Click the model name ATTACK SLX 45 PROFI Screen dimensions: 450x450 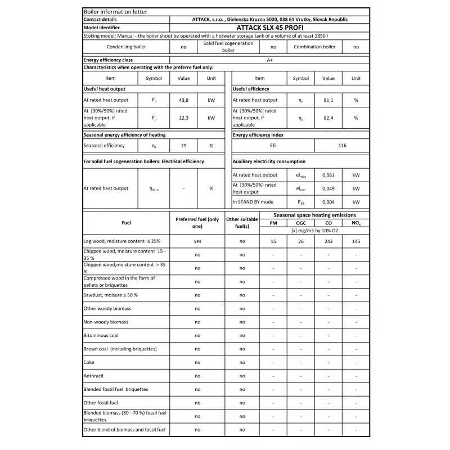point(270,27)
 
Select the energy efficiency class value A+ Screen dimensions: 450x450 point(270,60)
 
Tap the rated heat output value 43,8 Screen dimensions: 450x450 point(183,100)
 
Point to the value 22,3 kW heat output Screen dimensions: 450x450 point(183,118)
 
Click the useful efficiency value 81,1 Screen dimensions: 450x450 point(328,100)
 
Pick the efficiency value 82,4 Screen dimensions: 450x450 point(328,118)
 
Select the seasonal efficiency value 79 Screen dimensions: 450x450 point(183,146)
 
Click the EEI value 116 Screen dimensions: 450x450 point(342,146)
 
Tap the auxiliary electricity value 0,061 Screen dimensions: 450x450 point(328,175)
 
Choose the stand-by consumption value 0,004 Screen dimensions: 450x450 point(328,202)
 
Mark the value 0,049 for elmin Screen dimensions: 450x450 point(328,188)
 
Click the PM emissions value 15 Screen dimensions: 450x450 point(273,241)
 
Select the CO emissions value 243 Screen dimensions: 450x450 point(328,241)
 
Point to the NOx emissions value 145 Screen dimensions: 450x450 point(356,241)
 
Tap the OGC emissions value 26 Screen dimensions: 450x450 point(301,241)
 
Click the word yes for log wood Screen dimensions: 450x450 point(197,241)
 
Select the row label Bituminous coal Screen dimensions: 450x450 point(101,336)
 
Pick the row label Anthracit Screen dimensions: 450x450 point(93,376)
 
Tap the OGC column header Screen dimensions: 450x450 point(301,223)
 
